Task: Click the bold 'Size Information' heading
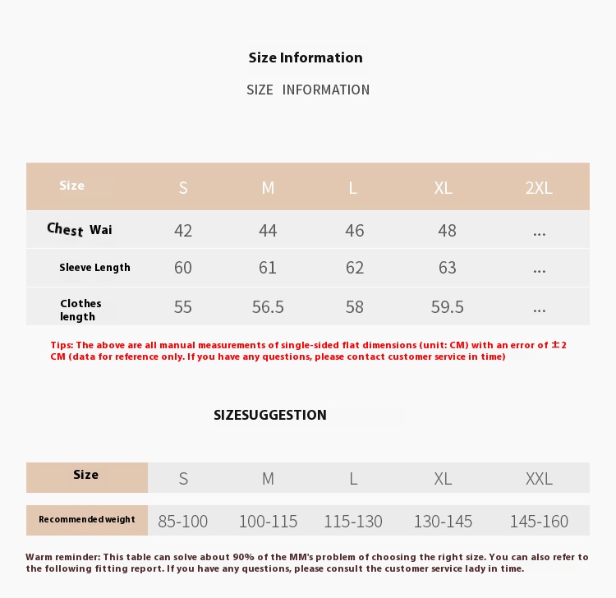click(x=306, y=57)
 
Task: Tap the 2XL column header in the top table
click(x=539, y=187)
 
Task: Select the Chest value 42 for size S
click(x=183, y=231)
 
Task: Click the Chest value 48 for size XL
click(x=447, y=231)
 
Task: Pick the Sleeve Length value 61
click(x=268, y=268)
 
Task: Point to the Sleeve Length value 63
click(x=447, y=268)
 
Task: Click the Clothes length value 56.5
click(x=268, y=307)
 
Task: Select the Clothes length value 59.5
click(x=447, y=307)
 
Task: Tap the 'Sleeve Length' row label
click(x=94, y=268)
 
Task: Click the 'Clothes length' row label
click(x=80, y=310)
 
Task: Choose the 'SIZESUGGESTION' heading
click(x=270, y=415)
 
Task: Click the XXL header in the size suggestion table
click(x=539, y=478)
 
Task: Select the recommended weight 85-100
click(x=183, y=521)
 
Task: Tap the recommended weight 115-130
click(x=353, y=521)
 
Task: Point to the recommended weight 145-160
click(x=539, y=521)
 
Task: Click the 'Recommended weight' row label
click(x=87, y=519)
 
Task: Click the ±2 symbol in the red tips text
click(x=559, y=345)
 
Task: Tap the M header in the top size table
click(x=268, y=187)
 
